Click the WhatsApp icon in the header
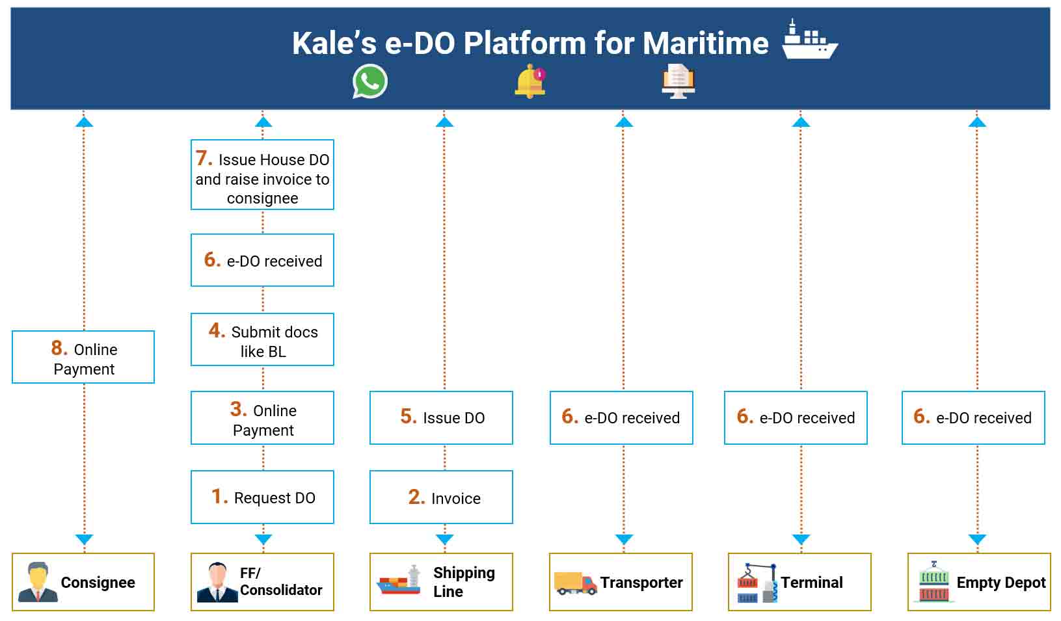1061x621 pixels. (x=370, y=81)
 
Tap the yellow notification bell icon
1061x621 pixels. (x=530, y=82)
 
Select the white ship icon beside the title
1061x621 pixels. (x=809, y=40)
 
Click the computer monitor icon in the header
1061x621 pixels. (x=678, y=81)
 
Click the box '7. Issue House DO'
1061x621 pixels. (x=262, y=175)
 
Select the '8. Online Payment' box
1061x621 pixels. (x=83, y=357)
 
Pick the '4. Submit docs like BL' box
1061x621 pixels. (x=262, y=339)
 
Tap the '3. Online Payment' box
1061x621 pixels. (x=262, y=418)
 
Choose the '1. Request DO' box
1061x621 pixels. (x=262, y=497)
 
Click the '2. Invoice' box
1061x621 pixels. (x=442, y=497)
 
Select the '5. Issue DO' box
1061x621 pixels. (x=442, y=418)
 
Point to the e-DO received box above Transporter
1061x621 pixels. (x=621, y=418)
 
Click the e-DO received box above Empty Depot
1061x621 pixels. (x=973, y=418)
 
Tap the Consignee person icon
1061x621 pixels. (x=38, y=582)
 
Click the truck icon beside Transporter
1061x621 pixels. (x=576, y=583)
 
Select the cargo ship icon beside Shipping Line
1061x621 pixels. (x=399, y=580)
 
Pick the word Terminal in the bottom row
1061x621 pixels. (x=812, y=582)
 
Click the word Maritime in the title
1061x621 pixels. (x=706, y=43)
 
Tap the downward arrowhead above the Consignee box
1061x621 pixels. (x=85, y=539)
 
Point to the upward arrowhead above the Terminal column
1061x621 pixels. (x=801, y=122)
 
